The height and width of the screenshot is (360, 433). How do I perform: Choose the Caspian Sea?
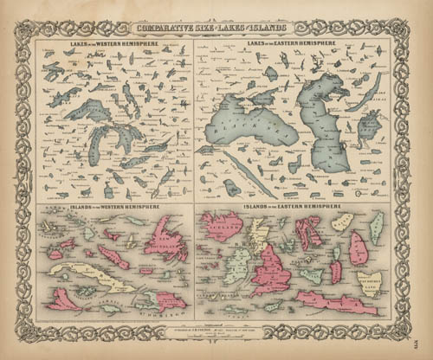pos(326,121)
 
